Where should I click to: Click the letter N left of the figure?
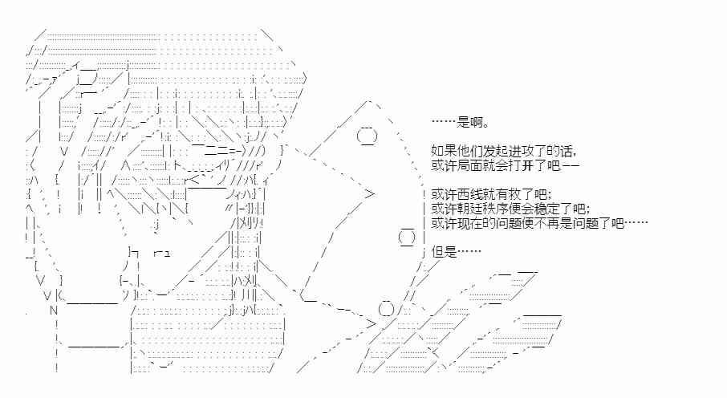click(x=54, y=310)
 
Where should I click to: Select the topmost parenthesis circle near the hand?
click(x=366, y=137)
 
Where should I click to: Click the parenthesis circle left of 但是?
click(x=407, y=238)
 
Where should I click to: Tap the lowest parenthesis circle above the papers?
click(x=386, y=309)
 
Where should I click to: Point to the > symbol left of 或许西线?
click(x=370, y=193)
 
